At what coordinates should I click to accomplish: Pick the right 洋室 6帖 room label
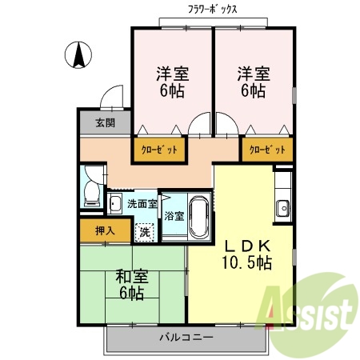252,82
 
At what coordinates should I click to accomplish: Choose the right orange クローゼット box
267,150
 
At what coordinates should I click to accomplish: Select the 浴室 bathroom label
174,216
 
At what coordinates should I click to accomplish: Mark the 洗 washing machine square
144,232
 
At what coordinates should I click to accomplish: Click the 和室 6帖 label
127,286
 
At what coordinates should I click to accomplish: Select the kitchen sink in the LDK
283,210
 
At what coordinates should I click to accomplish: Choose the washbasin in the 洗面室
116,204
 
